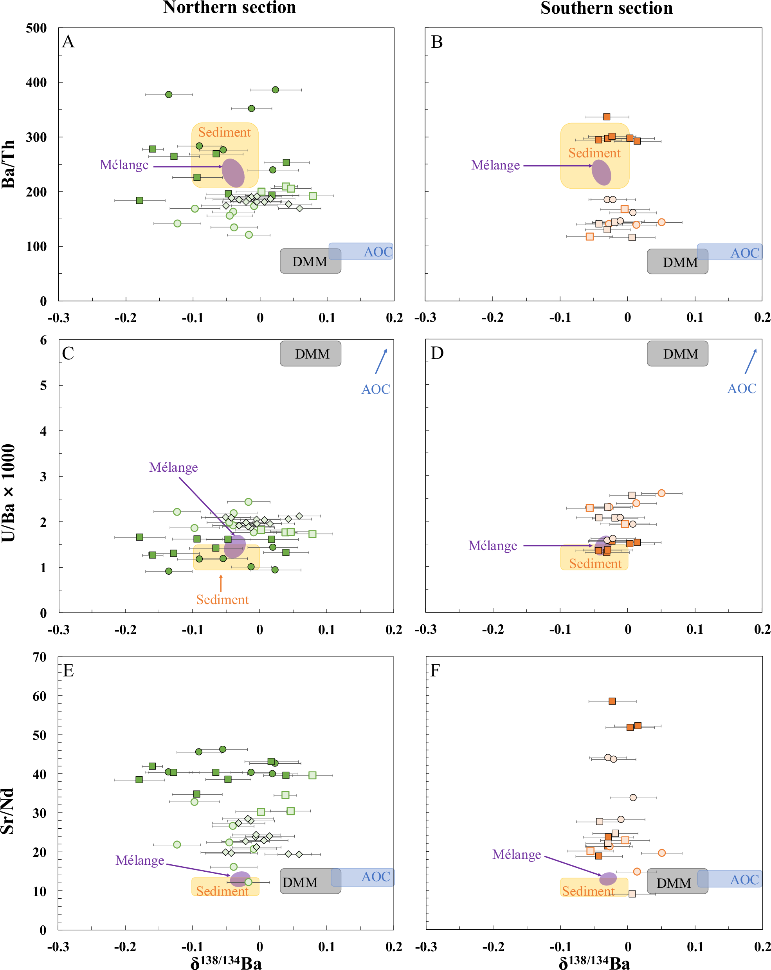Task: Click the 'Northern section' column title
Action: [229, 8]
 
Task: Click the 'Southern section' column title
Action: [606, 8]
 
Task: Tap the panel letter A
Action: [68, 42]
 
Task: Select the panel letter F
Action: [435, 671]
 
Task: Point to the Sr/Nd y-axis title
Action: [8, 811]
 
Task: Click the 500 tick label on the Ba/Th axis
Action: [36, 28]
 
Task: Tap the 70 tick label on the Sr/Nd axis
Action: [39, 657]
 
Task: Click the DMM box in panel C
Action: [310, 353]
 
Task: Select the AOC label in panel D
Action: [742, 388]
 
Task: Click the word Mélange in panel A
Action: [124, 165]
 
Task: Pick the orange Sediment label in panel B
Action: [594, 153]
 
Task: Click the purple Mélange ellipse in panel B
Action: [601, 172]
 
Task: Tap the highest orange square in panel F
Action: [612, 701]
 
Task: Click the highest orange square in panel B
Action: [606, 117]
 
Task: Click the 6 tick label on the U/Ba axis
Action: [43, 340]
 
